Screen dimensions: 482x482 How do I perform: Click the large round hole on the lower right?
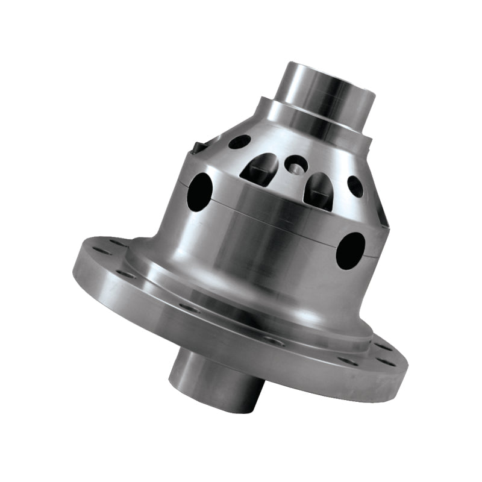[x=351, y=250]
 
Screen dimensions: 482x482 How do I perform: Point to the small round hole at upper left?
[x=239, y=142]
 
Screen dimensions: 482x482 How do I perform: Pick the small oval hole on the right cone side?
[x=355, y=186]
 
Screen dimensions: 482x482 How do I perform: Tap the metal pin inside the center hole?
[x=295, y=164]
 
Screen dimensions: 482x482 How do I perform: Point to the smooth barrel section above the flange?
[x=265, y=253]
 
